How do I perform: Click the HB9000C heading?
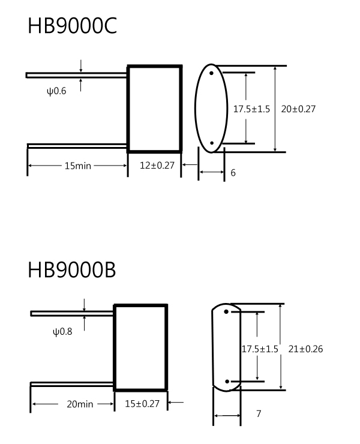[72, 25]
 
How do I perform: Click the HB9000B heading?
[71, 269]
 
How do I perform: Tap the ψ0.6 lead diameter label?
[56, 91]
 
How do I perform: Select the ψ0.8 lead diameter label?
[62, 332]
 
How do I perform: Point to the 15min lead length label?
[78, 166]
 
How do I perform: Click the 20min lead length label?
[80, 404]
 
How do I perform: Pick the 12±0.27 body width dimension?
[157, 166]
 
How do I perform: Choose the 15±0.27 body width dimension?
[142, 404]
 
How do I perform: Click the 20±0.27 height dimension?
[298, 109]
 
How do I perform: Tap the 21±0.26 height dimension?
[305, 349]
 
